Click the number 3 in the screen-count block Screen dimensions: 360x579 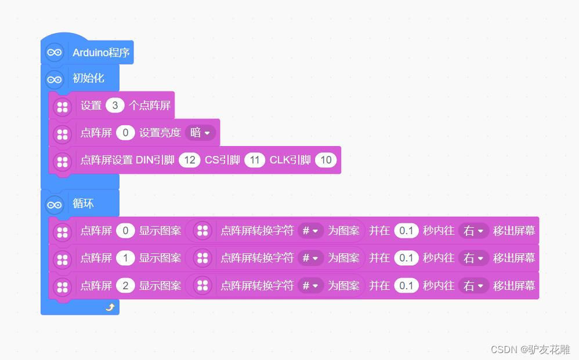(x=115, y=106)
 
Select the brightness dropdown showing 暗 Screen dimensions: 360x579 (x=200, y=133)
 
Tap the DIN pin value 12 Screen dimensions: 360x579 (x=189, y=160)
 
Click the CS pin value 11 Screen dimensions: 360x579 (x=254, y=160)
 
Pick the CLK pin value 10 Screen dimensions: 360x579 (x=326, y=160)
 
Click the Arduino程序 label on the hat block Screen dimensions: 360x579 (x=101, y=53)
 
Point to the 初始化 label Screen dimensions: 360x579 (x=88, y=78)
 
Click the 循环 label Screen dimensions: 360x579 (x=83, y=204)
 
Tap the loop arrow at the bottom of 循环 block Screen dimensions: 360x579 (x=110, y=307)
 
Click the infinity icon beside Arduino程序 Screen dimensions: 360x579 (x=55, y=53)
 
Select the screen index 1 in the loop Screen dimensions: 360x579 (x=125, y=258)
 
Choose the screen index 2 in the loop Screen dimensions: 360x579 (x=125, y=286)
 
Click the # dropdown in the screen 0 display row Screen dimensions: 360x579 (x=310, y=231)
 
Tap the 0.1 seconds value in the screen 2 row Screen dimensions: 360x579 (x=406, y=286)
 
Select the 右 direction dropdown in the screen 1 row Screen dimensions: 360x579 (x=473, y=258)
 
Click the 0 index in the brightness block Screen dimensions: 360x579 (x=125, y=133)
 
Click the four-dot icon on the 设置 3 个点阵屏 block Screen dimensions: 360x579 (x=62, y=107)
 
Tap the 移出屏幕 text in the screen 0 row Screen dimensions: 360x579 (x=514, y=231)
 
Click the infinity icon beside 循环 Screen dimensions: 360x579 (x=55, y=204)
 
